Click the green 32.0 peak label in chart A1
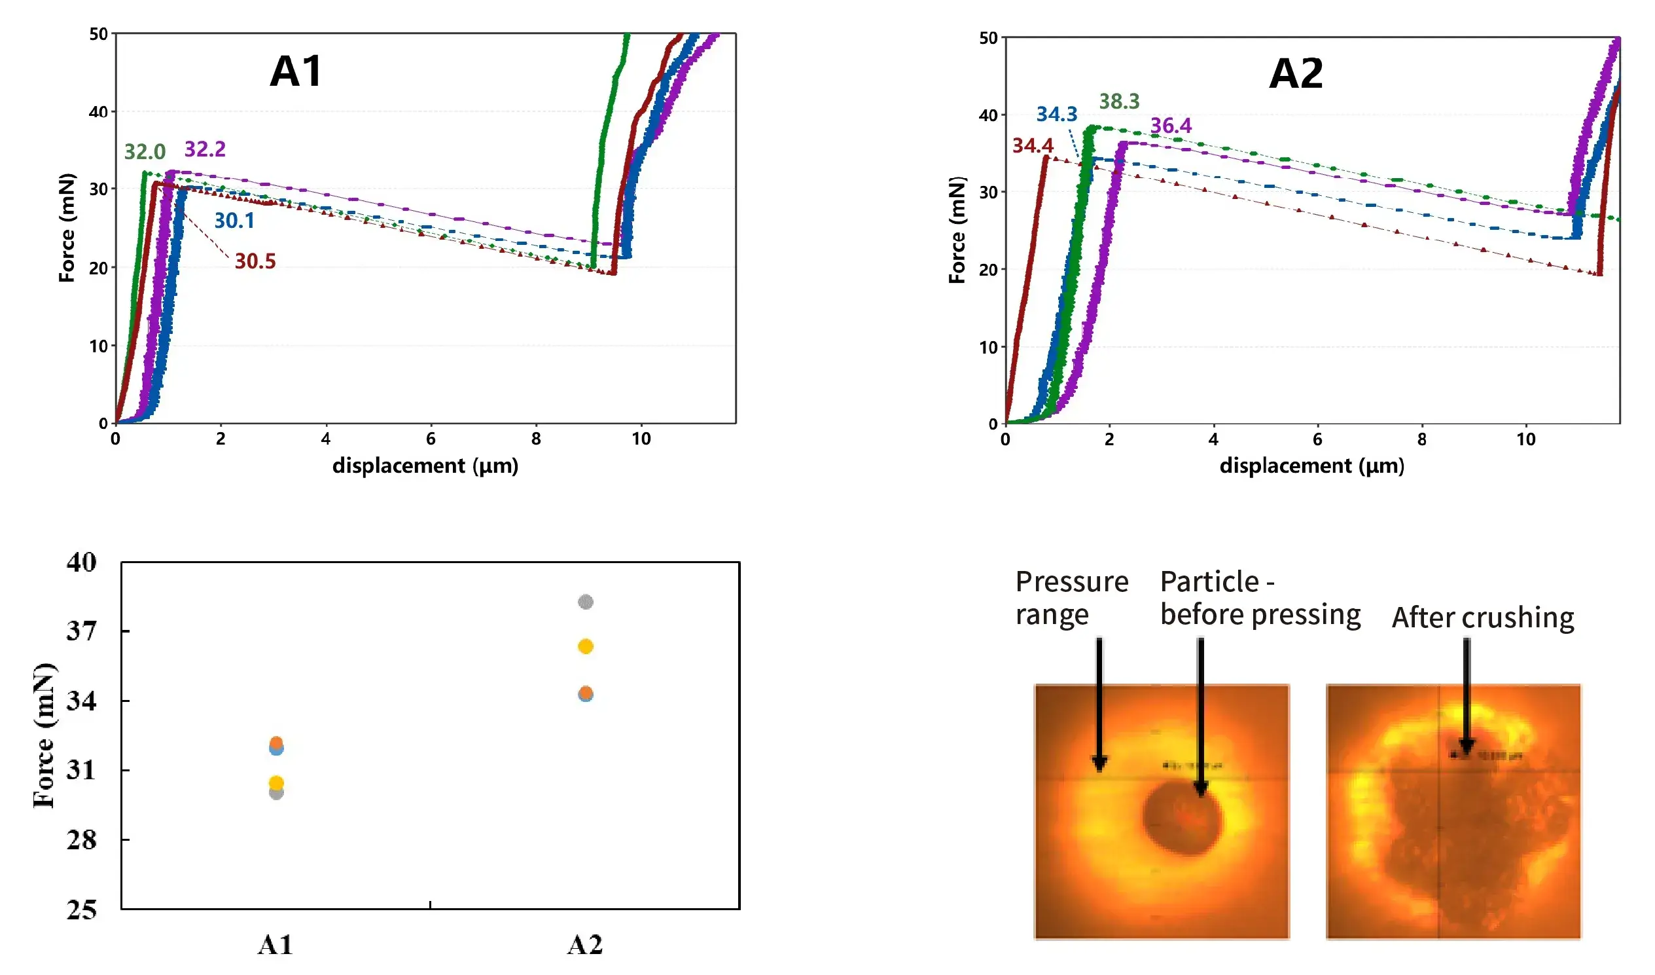[145, 152]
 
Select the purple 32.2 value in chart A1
[205, 149]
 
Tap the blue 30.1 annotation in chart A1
[234, 221]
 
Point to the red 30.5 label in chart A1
[255, 261]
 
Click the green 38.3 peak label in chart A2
[1119, 101]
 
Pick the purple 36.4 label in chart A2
[1171, 126]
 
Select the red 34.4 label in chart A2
[1033, 145]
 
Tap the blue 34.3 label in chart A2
[1057, 115]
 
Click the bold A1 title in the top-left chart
[296, 71]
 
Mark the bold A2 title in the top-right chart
[1296, 73]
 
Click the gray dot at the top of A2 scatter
[585, 602]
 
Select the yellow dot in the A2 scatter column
[585, 646]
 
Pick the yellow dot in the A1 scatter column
[277, 783]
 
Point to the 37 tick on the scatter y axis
[81, 631]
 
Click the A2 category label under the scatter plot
[584, 945]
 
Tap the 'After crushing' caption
[1483, 617]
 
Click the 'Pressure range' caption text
[1071, 598]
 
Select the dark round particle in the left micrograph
[1182, 818]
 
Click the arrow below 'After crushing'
[1467, 697]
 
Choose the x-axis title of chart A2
[1311, 466]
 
